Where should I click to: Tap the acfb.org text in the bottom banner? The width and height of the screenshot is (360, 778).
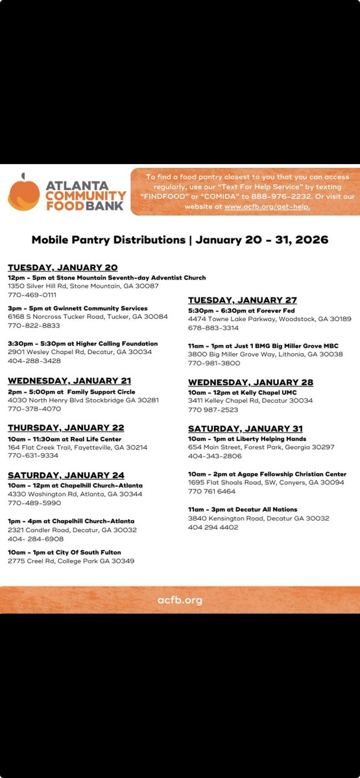tap(180, 600)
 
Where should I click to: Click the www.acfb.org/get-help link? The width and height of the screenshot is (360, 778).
tap(267, 206)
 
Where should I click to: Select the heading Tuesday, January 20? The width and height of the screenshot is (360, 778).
tap(63, 268)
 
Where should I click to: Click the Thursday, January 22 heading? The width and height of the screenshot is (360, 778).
tap(66, 428)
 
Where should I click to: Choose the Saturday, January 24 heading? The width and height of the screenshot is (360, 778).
tap(66, 475)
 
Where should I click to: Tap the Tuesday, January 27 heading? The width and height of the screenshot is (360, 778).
tap(243, 300)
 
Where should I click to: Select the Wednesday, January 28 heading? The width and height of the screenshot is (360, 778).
tap(250, 383)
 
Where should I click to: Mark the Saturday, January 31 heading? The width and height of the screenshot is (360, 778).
tap(245, 429)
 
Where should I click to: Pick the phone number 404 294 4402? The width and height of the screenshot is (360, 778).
tap(213, 528)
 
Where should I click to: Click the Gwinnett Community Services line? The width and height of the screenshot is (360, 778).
tap(78, 308)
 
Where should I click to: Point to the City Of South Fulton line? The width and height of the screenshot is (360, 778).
tap(65, 551)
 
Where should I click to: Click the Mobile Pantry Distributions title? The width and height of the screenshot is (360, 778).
tap(180, 240)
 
